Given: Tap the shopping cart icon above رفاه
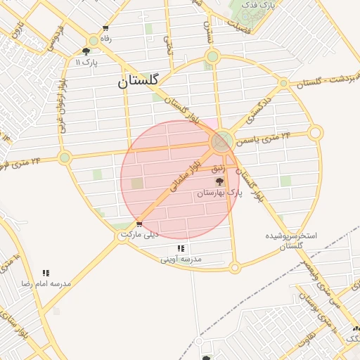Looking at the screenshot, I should pos(105,29).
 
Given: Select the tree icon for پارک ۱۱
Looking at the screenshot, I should pos(86,51).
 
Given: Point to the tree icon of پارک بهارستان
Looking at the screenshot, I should pos(219,181).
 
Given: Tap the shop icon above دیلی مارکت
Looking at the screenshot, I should pos(139,224).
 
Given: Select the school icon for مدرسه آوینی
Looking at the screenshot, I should pos(181,248).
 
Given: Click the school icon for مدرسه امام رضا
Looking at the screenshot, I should pos(46,273).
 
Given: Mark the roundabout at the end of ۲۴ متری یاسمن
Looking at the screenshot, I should pos(316,132).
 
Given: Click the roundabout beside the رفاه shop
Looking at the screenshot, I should pos(94,41).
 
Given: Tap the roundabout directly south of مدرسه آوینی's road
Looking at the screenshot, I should pos(235,267).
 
